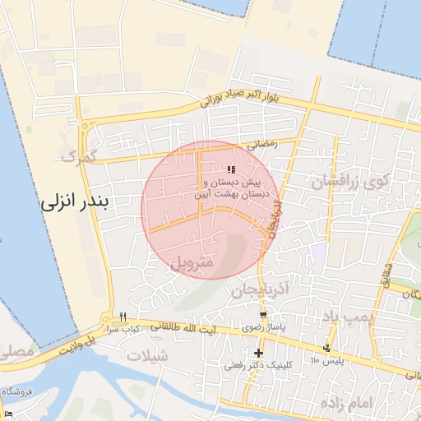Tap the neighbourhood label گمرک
[x=79, y=154]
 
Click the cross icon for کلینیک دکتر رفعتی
[x=257, y=353]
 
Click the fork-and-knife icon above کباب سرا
[x=123, y=316]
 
